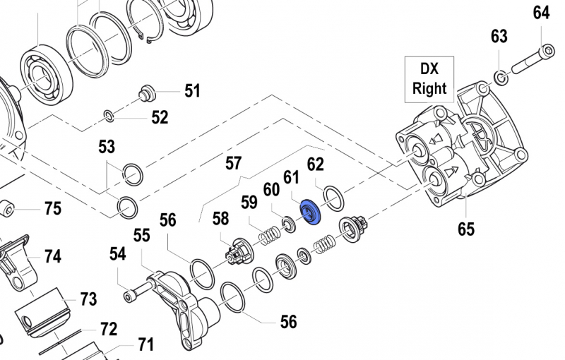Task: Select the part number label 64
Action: coord(541,13)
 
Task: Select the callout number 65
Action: coord(465,228)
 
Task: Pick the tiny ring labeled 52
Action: coord(109,115)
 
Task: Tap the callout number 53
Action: coord(107,147)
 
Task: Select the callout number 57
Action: coord(233,164)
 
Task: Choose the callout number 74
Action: coord(53,256)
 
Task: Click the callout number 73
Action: coord(88,299)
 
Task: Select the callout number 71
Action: coord(145,345)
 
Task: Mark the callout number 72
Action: coord(108,329)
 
